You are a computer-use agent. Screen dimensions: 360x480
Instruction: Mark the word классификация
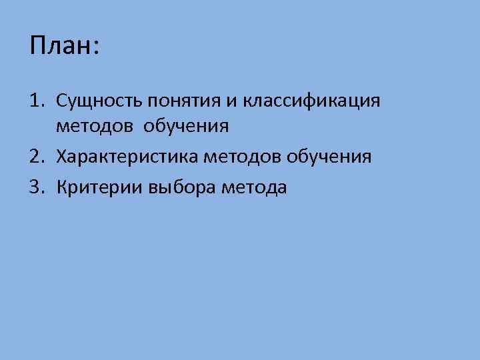311,101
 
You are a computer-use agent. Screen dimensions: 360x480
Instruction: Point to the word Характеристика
135,157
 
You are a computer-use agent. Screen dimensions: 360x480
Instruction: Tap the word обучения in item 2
329,157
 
